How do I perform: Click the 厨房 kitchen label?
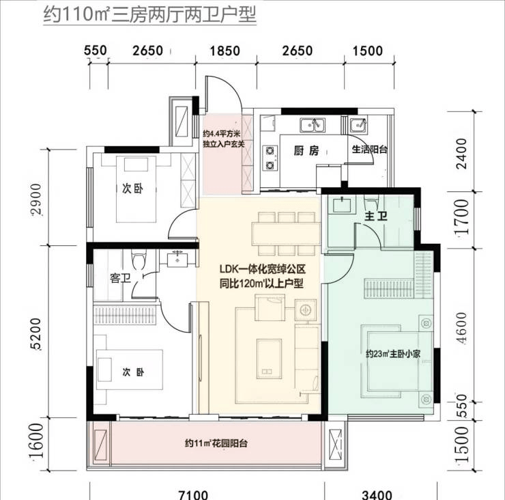pyautogui.click(x=306, y=150)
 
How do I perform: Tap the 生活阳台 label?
pyautogui.click(x=369, y=150)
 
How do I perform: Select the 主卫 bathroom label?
pyautogui.click(x=375, y=216)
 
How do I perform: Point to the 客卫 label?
pyautogui.click(x=121, y=278)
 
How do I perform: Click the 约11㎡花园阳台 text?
pyautogui.click(x=216, y=443)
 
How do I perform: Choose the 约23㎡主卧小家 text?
pyautogui.click(x=393, y=354)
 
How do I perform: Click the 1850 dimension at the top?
pyautogui.click(x=225, y=51)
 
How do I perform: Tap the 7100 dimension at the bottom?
pyautogui.click(x=193, y=495)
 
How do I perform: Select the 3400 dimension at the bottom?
pyautogui.click(x=377, y=495)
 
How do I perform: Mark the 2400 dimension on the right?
pyautogui.click(x=461, y=154)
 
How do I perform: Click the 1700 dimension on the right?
pyautogui.click(x=461, y=217)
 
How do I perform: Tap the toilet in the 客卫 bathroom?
pyautogui.click(x=139, y=260)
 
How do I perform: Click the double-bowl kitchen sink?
pyautogui.click(x=313, y=125)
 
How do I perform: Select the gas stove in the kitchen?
pyautogui.click(x=270, y=158)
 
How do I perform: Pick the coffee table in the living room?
pyautogui.click(x=269, y=358)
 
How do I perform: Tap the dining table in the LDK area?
pyautogui.click(x=286, y=234)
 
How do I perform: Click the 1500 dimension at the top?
pyautogui.click(x=367, y=51)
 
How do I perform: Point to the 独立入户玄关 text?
pyautogui.click(x=224, y=143)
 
